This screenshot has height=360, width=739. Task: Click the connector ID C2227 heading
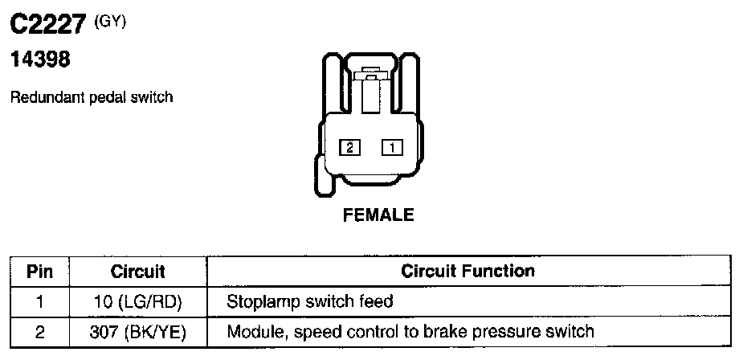coord(47,27)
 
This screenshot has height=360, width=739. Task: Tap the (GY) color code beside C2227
coord(110,22)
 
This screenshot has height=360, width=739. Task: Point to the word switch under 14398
coord(156,97)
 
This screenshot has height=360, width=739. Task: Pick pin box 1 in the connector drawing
coord(392,147)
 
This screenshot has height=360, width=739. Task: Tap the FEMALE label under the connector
coord(378,215)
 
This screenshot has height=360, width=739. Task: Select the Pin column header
coord(39,272)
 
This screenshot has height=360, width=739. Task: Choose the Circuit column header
coord(137,272)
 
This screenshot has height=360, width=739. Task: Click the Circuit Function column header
coord(467,272)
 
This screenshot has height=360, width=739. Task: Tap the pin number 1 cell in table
coord(39,302)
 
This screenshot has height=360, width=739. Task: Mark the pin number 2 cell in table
coord(39,331)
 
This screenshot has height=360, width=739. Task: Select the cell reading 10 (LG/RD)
coord(138,302)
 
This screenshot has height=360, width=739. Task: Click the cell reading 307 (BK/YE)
coord(138,331)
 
